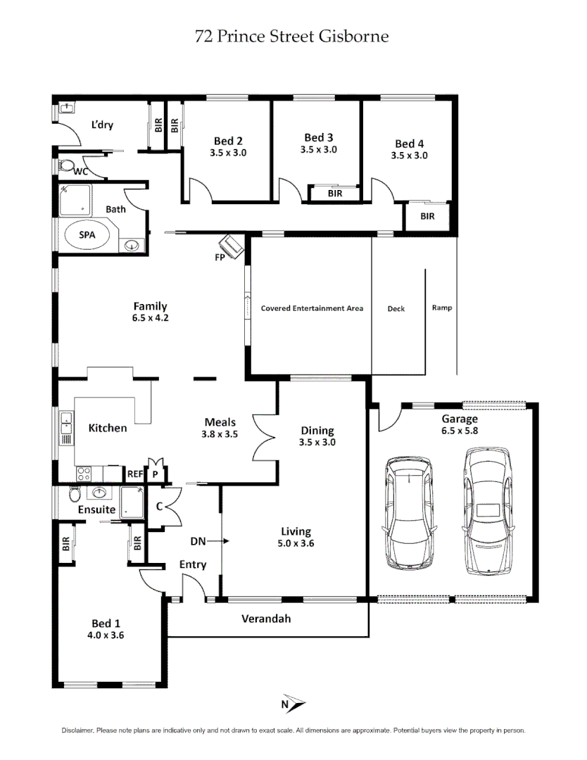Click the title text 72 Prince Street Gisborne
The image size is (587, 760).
(291, 36)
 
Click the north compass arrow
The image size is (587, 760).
(296, 703)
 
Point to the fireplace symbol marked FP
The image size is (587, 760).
(232, 246)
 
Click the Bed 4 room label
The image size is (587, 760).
(409, 144)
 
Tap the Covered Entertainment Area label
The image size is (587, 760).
(312, 308)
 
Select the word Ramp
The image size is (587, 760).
(442, 308)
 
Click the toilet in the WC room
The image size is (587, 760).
(67, 167)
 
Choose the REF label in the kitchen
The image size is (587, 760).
(134, 474)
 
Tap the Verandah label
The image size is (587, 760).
(266, 619)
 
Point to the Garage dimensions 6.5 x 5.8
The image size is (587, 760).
(459, 431)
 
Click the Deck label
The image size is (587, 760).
(396, 308)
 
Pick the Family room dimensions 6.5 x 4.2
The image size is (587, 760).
(151, 317)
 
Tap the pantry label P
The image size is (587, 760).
(155, 474)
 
